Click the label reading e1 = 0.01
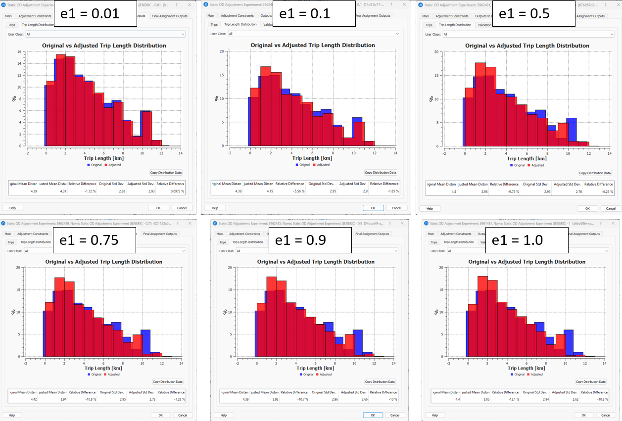tap(89, 13)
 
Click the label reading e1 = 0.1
tap(304, 13)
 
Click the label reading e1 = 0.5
tap(524, 13)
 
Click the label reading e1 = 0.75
tap(89, 240)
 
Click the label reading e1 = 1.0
tap(517, 240)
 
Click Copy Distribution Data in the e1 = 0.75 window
tap(167, 381)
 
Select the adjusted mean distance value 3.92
tap(266, 399)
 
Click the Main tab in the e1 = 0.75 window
tap(8, 234)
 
